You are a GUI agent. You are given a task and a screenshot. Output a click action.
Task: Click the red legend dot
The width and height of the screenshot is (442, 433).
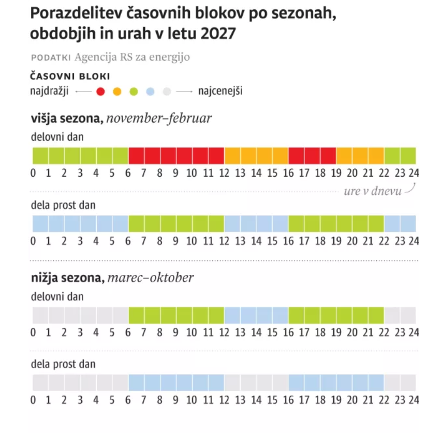[x=100, y=91]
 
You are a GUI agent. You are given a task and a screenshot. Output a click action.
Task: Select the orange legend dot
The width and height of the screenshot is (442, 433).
[x=117, y=91]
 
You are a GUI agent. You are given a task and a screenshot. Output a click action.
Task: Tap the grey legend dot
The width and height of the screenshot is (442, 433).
[x=167, y=91]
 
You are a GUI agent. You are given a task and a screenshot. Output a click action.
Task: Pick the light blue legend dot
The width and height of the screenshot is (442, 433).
[x=150, y=91]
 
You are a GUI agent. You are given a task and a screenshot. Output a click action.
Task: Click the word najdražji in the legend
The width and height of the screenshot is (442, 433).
[x=49, y=91]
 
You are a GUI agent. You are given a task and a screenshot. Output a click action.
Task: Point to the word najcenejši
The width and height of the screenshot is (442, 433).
[x=220, y=91]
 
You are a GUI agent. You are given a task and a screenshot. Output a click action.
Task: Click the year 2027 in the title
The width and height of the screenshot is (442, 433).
[x=218, y=34]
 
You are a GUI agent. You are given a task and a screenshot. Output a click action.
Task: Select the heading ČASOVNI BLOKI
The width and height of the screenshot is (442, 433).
[x=70, y=76]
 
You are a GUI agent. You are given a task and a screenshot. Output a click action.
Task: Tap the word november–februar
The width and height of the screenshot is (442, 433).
[x=159, y=118]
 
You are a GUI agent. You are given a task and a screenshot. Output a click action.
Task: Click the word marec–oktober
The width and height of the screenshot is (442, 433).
[x=151, y=278]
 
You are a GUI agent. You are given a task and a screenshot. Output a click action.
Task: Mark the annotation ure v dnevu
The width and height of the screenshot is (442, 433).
[x=372, y=191]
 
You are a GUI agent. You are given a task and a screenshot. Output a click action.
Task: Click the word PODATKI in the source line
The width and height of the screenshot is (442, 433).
[x=51, y=57]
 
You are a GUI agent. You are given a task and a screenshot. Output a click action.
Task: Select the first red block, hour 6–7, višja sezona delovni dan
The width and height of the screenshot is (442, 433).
[x=137, y=156]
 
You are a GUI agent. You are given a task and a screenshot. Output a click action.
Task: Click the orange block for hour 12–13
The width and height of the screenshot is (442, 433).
[x=232, y=156]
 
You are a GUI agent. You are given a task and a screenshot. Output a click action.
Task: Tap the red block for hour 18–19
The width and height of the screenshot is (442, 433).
[x=328, y=156]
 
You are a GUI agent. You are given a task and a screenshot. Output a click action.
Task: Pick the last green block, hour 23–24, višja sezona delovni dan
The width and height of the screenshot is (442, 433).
[x=408, y=156]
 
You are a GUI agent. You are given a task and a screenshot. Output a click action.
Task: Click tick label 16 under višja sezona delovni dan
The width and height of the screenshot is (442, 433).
[x=288, y=173]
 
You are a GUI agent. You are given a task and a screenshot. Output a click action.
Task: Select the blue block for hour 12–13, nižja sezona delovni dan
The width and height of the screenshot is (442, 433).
[x=232, y=315]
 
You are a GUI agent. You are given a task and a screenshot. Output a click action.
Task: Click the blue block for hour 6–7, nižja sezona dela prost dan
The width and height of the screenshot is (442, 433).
[x=137, y=383]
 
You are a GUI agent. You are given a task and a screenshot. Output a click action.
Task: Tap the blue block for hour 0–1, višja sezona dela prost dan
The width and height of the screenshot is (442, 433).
[x=40, y=224]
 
